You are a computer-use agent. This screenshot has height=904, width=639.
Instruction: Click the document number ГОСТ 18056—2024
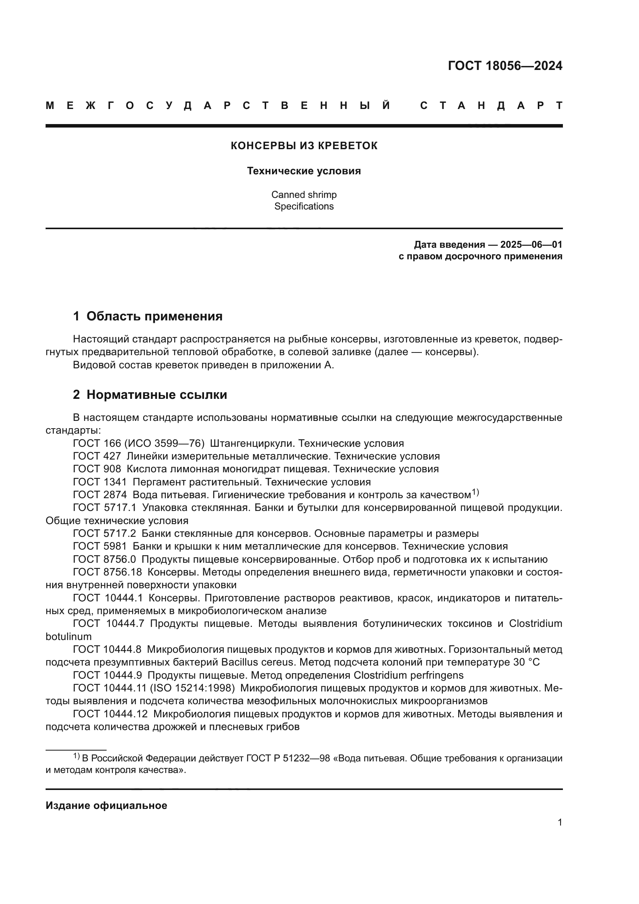(x=505, y=66)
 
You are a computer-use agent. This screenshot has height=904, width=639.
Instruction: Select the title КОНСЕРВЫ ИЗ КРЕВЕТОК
(x=304, y=146)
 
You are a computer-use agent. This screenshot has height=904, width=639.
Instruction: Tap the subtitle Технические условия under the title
(x=304, y=171)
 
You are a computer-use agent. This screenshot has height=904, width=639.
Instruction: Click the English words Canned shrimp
(x=304, y=194)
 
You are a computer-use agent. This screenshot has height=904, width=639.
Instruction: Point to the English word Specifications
(x=304, y=206)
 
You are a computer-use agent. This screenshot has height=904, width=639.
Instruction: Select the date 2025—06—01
(x=531, y=245)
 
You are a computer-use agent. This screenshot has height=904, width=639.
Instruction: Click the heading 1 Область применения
(x=148, y=316)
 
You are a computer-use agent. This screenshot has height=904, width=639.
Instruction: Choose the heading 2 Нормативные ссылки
(x=150, y=395)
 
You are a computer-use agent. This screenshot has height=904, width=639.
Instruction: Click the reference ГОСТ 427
(x=97, y=456)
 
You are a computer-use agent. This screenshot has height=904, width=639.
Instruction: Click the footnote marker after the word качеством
(x=475, y=492)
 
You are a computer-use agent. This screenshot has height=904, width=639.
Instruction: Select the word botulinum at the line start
(x=68, y=637)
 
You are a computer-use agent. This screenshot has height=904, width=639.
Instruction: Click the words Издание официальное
(x=106, y=814)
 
